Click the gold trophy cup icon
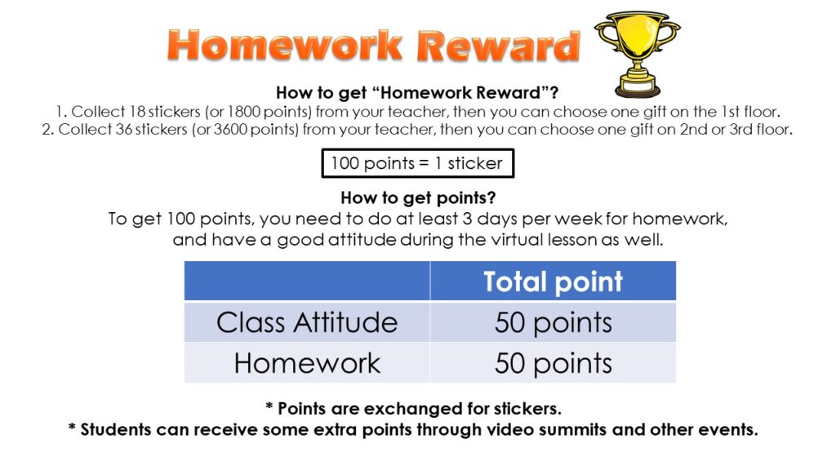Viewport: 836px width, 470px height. pos(637,53)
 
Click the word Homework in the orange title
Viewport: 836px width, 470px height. pos(285,46)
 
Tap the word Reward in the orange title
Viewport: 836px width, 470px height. pos(498,46)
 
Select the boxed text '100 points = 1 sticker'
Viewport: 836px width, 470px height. pos(417,163)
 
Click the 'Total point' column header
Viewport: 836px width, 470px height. pos(553,282)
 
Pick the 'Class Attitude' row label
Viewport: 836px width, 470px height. pos(307,322)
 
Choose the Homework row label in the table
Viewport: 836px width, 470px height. pos(307,363)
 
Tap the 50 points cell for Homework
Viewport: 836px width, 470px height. pos(553,364)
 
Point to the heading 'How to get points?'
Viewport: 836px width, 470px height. pos(418,197)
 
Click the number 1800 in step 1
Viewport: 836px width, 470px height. pos(243,111)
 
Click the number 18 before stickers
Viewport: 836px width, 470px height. pos(137,111)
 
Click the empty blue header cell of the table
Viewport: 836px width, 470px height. pos(307,281)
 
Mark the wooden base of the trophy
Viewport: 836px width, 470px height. pos(638,87)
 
